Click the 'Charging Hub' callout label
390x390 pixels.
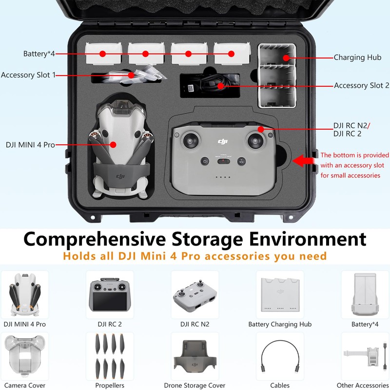point(357,58)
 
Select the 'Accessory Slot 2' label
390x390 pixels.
point(361,86)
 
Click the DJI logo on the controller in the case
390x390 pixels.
point(222,141)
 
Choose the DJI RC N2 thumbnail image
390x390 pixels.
point(195,296)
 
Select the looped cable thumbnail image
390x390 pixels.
point(280,356)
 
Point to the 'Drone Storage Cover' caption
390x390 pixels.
point(195,385)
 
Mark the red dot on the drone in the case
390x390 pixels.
point(113,145)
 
